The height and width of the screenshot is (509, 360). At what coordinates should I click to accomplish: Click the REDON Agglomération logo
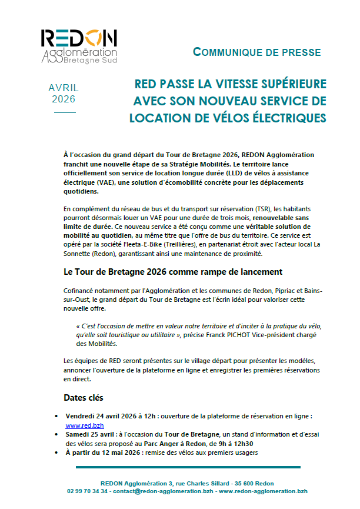pyautogui.click(x=79, y=45)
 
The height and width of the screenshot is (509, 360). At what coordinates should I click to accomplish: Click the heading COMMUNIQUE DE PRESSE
pyautogui.click(x=256, y=52)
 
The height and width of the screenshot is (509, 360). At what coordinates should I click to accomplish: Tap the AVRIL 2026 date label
pyautogui.click(x=64, y=94)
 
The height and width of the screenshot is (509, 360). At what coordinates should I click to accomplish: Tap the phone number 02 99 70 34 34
pyautogui.click(x=88, y=491)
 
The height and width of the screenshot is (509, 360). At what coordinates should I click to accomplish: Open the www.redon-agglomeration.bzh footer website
pyautogui.click(x=264, y=491)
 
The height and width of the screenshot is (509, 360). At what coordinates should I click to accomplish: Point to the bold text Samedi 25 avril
pyautogui.click(x=89, y=434)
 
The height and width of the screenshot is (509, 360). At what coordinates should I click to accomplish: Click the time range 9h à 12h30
pyautogui.click(x=235, y=443)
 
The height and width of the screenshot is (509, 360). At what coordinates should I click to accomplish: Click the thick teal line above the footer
pyautogui.click(x=188, y=467)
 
